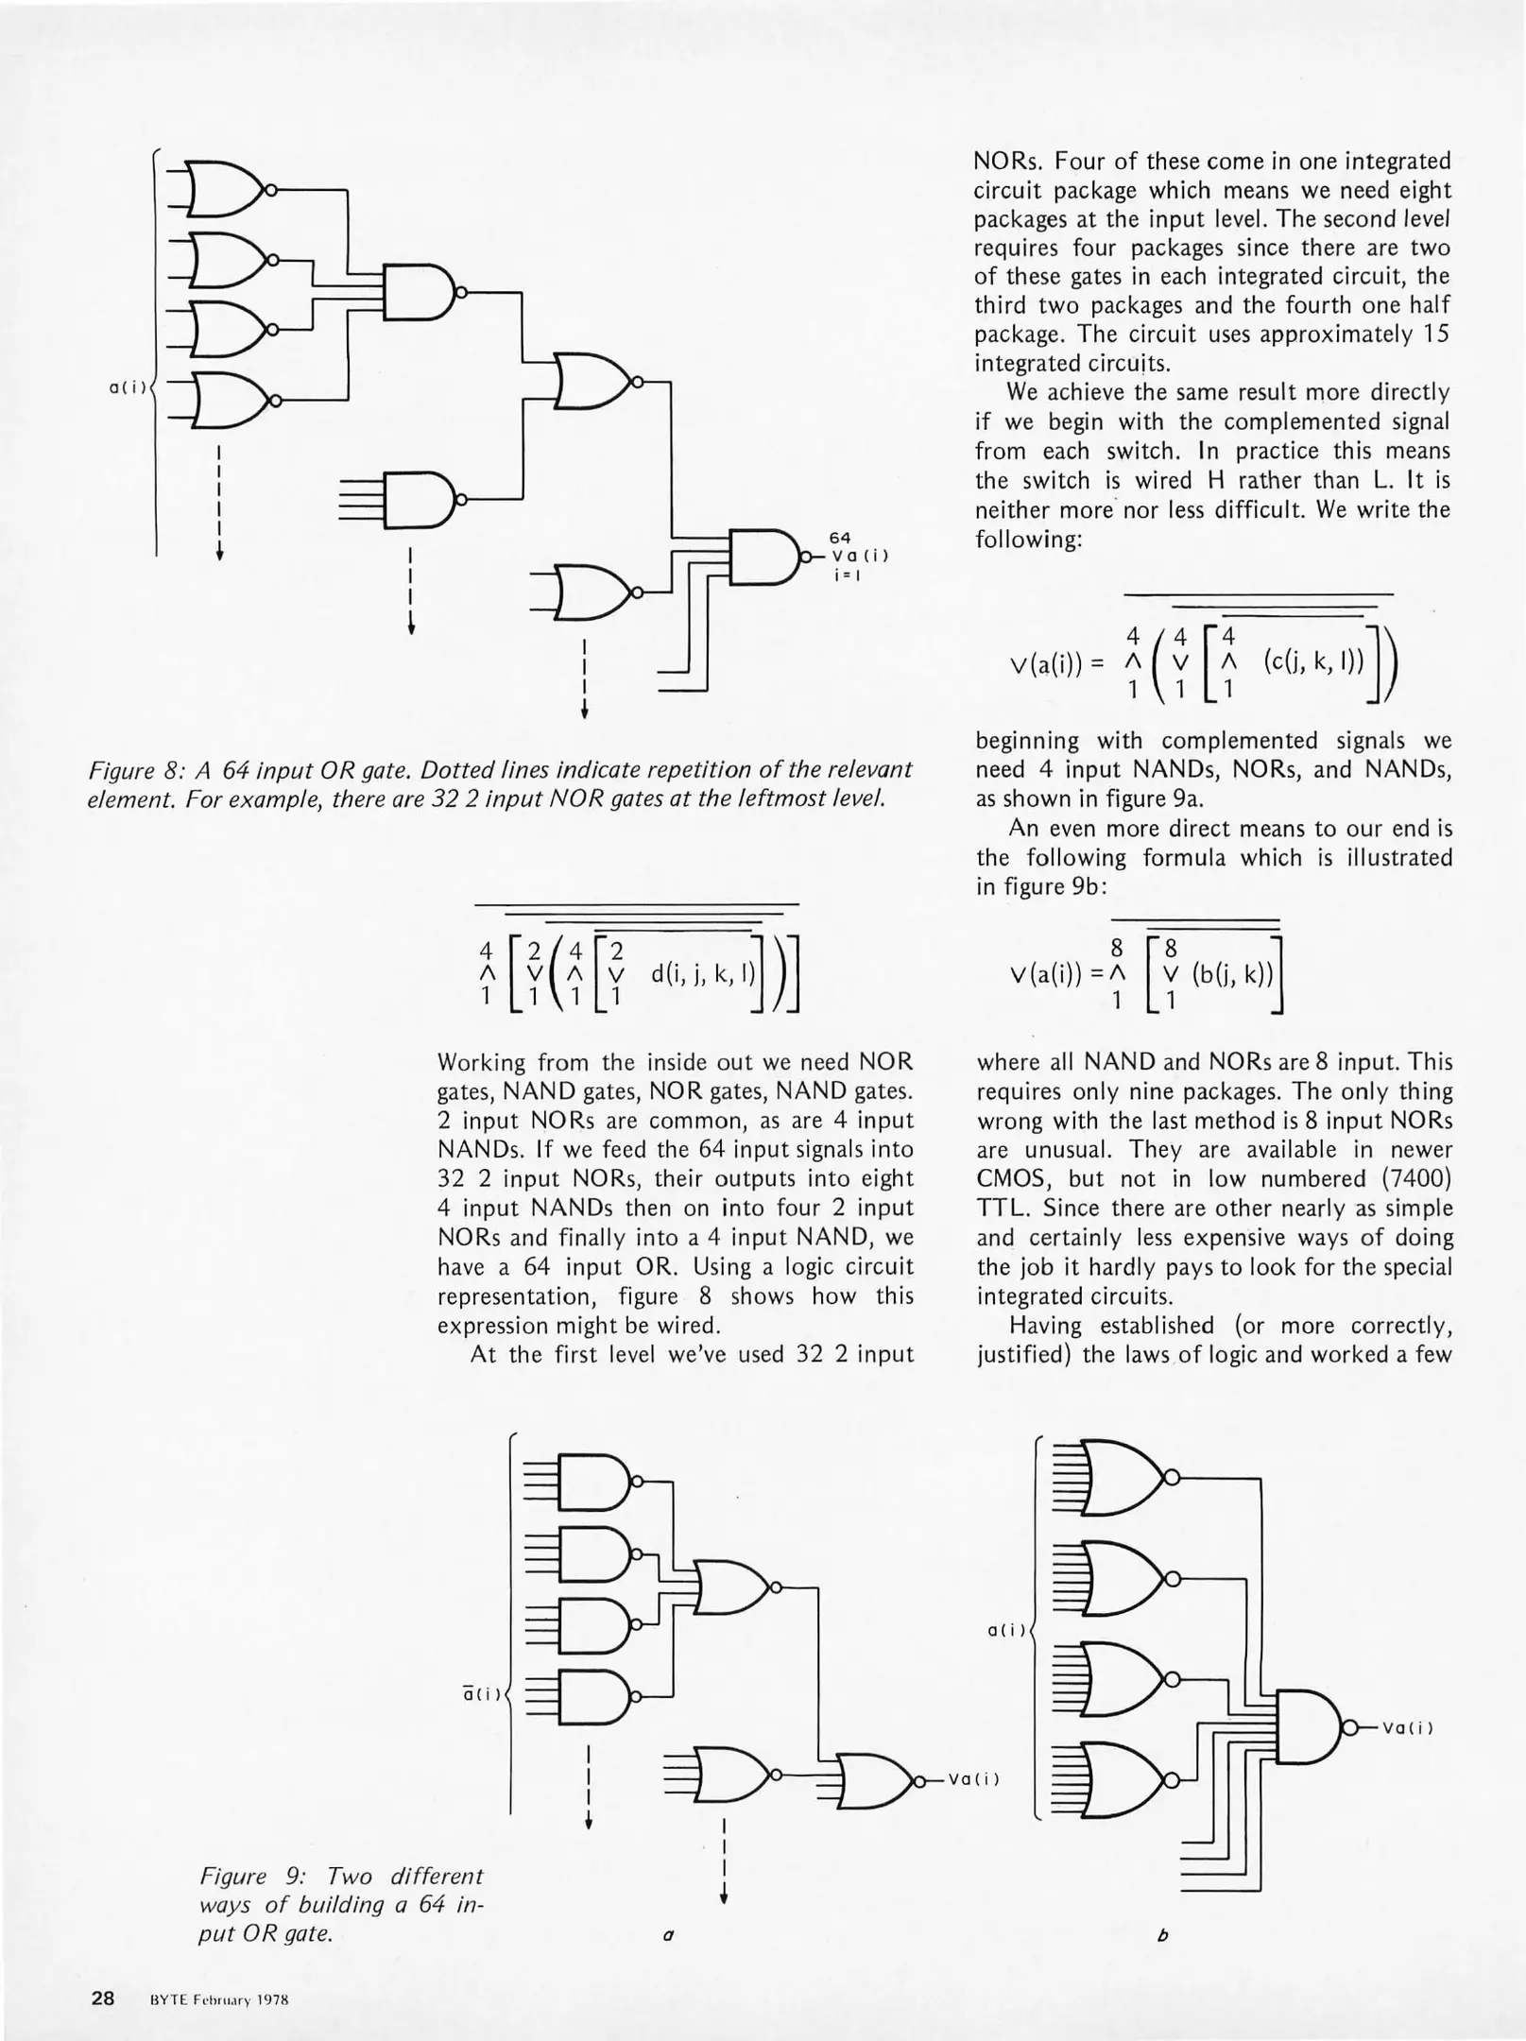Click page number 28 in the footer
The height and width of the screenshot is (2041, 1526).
(x=102, y=1998)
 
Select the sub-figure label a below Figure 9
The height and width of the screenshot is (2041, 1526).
(x=668, y=1935)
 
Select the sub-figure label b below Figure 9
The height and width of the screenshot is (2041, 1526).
(x=1163, y=1935)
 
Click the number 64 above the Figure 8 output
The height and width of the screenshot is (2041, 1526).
(x=840, y=538)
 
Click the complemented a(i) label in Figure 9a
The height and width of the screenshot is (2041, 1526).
(x=481, y=1694)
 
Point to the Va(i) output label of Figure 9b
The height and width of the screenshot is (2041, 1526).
(x=1408, y=1728)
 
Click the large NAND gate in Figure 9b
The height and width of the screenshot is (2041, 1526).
(x=1310, y=1727)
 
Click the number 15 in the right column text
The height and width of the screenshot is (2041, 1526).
(x=1437, y=334)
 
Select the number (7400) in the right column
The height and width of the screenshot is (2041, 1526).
(x=1415, y=1179)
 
